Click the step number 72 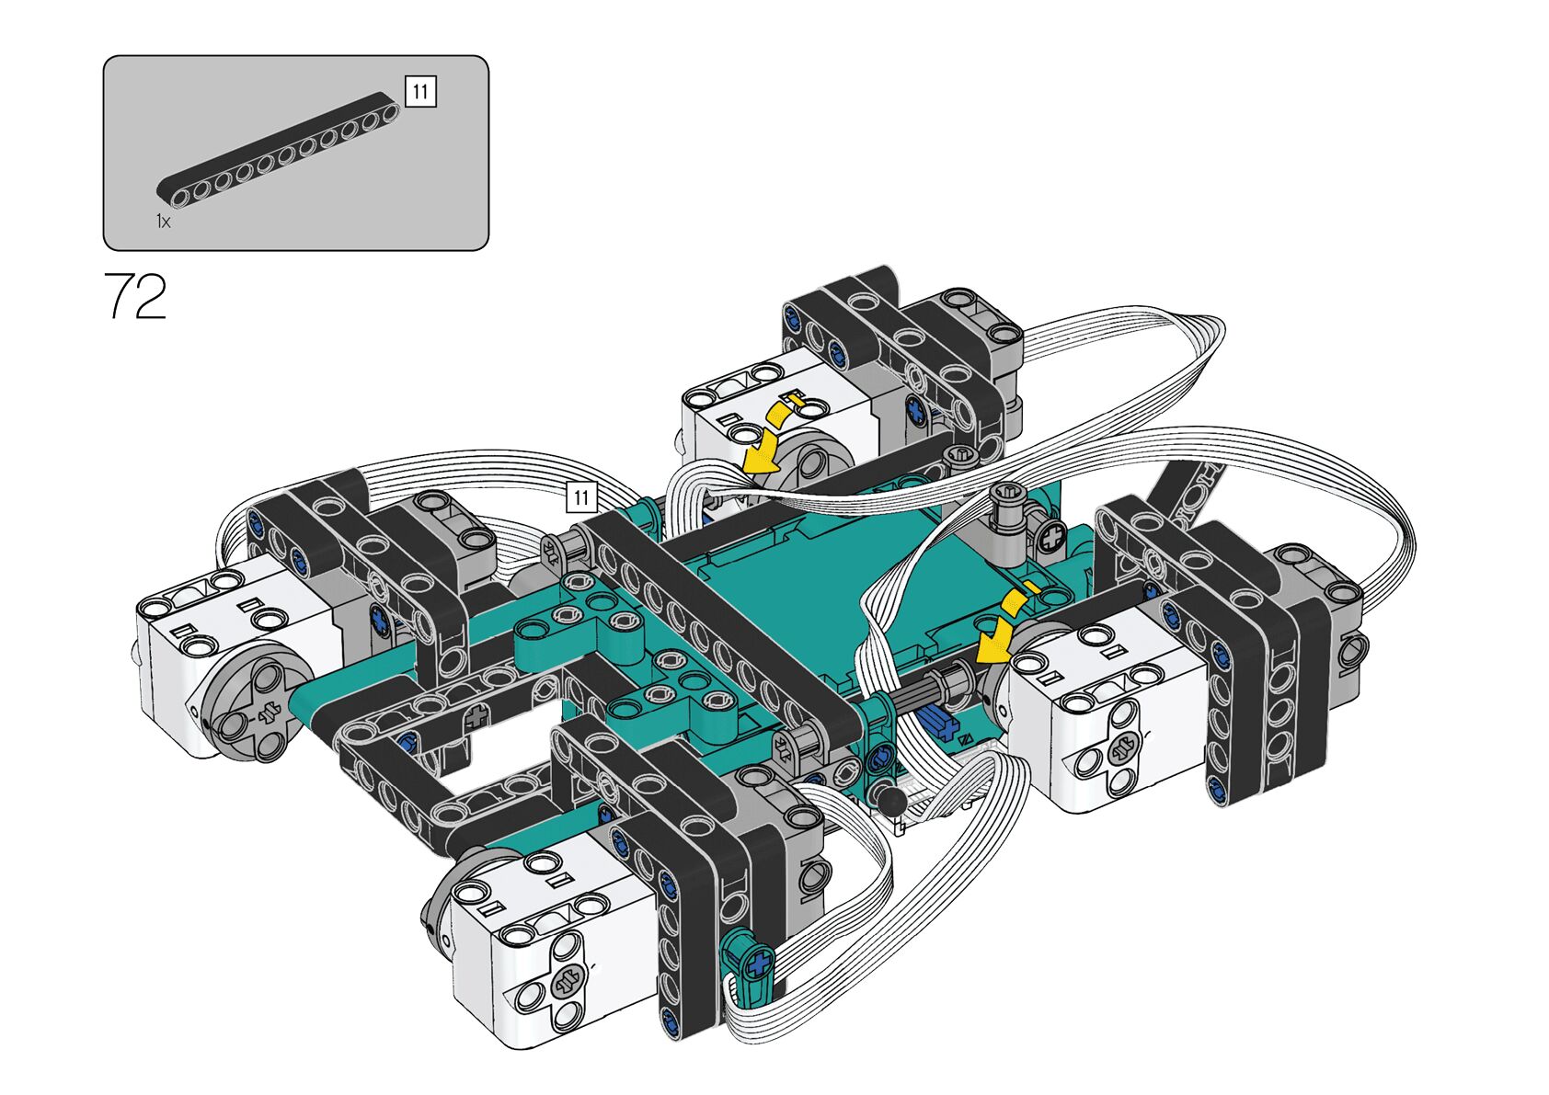(x=135, y=296)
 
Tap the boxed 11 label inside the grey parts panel (x=420, y=91)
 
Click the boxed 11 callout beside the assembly (x=581, y=496)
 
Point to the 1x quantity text (x=163, y=222)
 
